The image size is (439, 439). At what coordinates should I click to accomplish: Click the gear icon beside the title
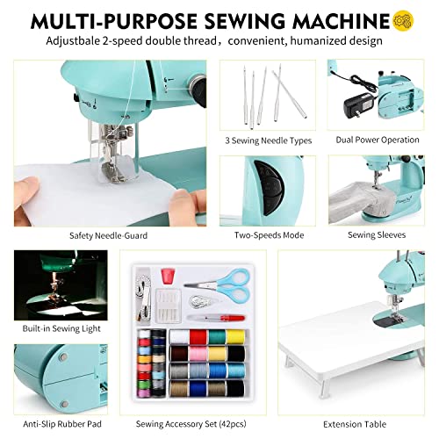405,18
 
